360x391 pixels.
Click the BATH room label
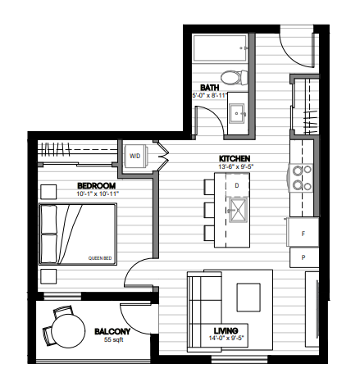(x=210, y=88)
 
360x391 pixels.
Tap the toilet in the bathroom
(x=234, y=77)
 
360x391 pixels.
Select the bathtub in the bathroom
(x=221, y=48)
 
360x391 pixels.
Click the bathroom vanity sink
(x=237, y=113)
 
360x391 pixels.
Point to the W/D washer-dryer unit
(x=136, y=156)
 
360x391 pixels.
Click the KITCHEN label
(x=235, y=158)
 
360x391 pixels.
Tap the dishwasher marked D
(x=237, y=185)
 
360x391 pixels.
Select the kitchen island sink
(x=238, y=210)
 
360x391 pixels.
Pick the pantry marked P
(x=304, y=257)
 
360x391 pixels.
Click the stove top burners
(x=302, y=178)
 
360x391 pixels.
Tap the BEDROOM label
(x=96, y=186)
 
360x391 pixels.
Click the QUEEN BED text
(x=100, y=258)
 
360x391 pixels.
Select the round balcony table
(x=68, y=330)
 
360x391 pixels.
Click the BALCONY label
(x=112, y=331)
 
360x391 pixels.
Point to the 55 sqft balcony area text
(x=113, y=339)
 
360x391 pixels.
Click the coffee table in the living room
(x=248, y=298)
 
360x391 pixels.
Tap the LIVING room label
(x=226, y=330)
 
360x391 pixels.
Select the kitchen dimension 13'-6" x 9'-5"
(x=235, y=166)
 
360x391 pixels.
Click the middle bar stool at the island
(x=209, y=210)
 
